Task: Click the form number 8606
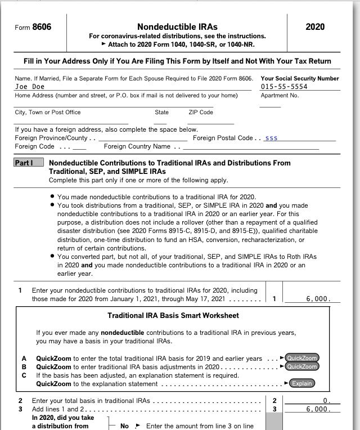42,27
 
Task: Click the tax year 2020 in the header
314,27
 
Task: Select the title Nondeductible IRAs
177,27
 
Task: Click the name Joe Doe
30,87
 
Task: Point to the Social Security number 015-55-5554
284,87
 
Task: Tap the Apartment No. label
279,95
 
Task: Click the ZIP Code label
201,113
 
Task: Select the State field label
161,113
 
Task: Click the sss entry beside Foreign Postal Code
271,138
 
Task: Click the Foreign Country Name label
137,146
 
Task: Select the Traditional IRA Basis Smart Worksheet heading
173,315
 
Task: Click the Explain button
302,384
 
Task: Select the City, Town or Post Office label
48,113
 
